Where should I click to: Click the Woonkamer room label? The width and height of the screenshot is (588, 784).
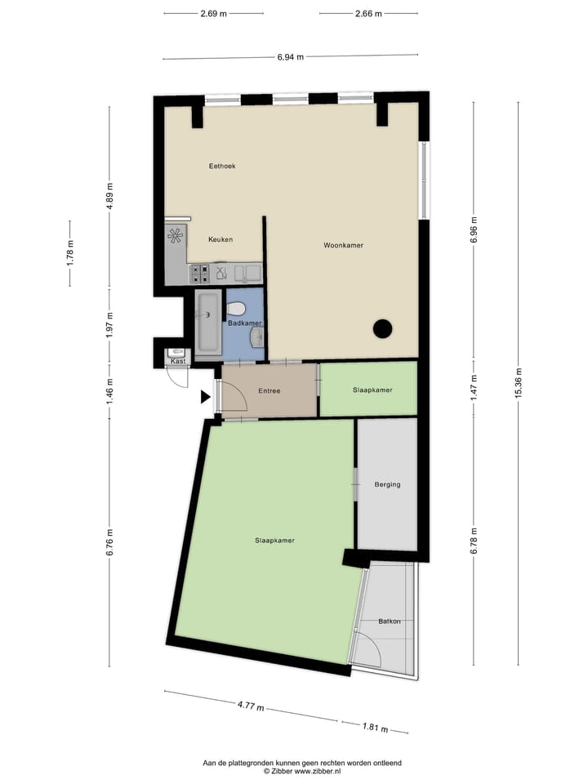[x=343, y=245]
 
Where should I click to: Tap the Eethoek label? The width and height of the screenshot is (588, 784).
[x=222, y=166]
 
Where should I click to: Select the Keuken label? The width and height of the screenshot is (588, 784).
[x=220, y=239]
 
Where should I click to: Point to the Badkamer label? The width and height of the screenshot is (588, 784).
[x=245, y=323]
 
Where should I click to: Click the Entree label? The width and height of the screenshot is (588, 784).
[x=269, y=390]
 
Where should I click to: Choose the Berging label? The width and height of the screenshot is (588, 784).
[x=387, y=484]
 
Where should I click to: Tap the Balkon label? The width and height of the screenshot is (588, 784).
[x=390, y=621]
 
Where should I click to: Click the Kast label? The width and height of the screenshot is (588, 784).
[x=177, y=361]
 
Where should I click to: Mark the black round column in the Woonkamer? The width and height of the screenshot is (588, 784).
[x=382, y=328]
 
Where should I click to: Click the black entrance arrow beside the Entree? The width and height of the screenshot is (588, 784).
[x=206, y=398]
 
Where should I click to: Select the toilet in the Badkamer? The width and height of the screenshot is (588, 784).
[x=237, y=309]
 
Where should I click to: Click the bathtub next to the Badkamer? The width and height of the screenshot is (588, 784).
[x=207, y=321]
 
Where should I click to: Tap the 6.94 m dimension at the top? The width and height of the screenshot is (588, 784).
[x=290, y=57]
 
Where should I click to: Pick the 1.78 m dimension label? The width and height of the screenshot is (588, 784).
[x=70, y=252]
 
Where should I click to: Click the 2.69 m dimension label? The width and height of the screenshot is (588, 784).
[x=212, y=13]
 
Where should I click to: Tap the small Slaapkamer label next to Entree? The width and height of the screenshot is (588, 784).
[x=372, y=390]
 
